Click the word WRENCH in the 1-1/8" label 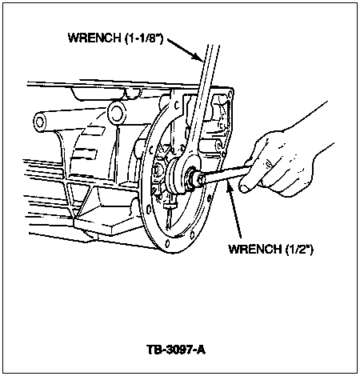click(94, 38)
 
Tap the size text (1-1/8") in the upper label click(144, 38)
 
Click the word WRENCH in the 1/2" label click(255, 249)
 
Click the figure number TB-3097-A click(176, 350)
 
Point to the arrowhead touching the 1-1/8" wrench click(198, 57)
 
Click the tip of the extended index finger click(243, 187)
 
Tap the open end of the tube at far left click(40, 122)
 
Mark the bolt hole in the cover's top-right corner click(230, 94)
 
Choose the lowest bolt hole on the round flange click(167, 243)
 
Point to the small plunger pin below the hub click(170, 206)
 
